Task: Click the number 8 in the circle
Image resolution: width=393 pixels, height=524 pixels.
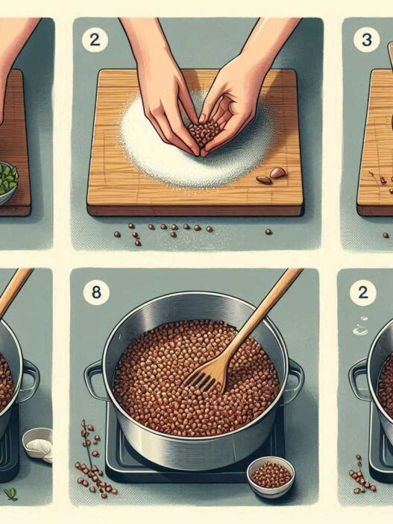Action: click(96, 292)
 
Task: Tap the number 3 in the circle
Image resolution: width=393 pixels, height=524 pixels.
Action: click(367, 40)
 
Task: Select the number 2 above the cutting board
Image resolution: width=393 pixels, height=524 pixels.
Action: click(95, 40)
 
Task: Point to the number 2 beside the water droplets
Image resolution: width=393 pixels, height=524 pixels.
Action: click(363, 292)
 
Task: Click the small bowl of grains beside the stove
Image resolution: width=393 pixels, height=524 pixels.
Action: click(270, 476)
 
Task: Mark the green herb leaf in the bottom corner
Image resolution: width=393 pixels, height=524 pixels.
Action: click(11, 494)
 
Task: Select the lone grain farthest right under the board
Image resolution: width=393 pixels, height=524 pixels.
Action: click(268, 232)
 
